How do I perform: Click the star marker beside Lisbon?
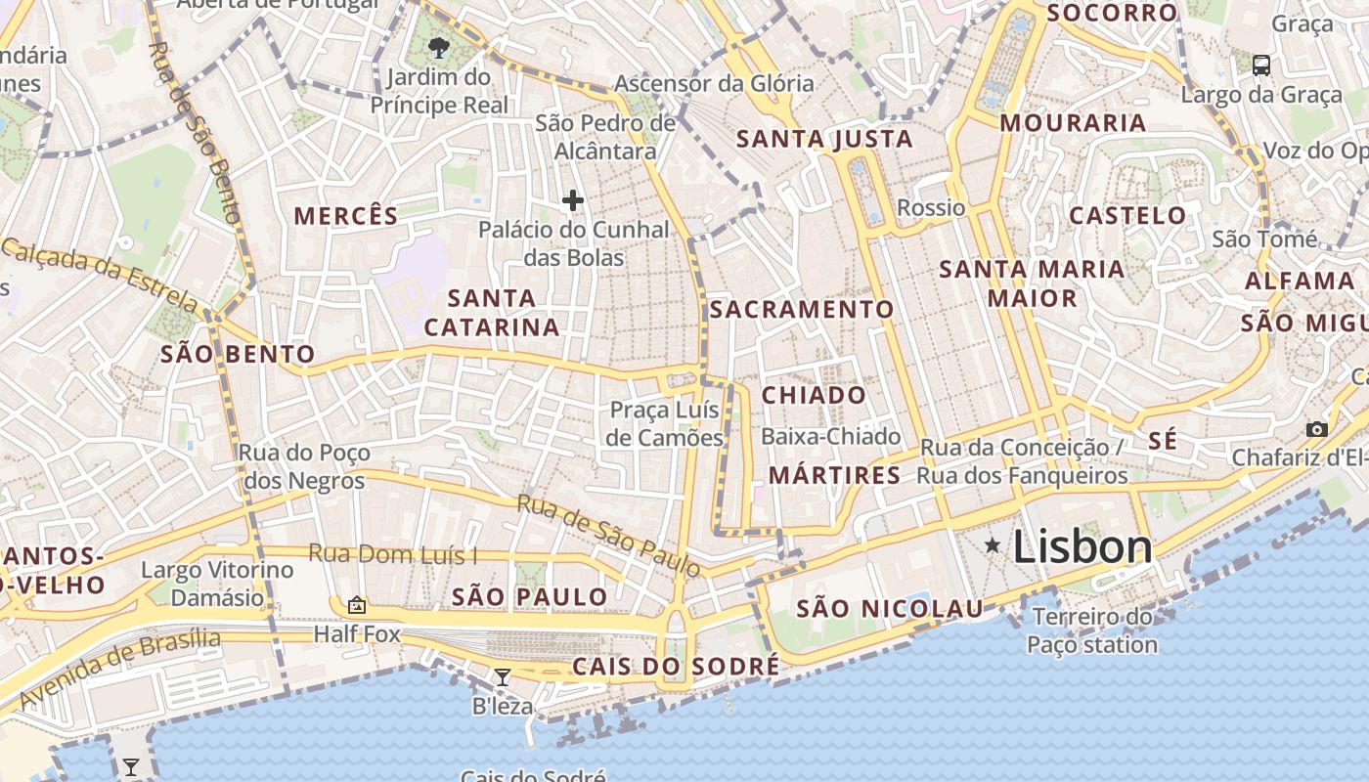(993, 544)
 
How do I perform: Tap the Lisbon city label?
(1082, 546)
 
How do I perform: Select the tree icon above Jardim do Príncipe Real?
(439, 47)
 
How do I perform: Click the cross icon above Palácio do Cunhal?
(573, 201)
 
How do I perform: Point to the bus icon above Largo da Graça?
(1261, 65)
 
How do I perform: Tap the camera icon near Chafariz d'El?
(1317, 429)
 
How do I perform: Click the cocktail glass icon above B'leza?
(503, 676)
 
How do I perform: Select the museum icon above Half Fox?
(357, 606)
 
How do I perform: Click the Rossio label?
(931, 207)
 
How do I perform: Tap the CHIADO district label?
(814, 395)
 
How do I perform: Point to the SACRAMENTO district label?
(802, 310)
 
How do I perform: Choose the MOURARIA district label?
(1073, 123)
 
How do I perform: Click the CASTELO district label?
(1127, 215)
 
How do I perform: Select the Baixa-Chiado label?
(830, 436)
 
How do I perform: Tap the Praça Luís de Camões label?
(665, 424)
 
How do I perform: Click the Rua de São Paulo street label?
(608, 536)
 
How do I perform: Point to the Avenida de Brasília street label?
(120, 669)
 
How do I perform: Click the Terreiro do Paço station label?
(1092, 630)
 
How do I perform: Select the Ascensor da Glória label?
(714, 83)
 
